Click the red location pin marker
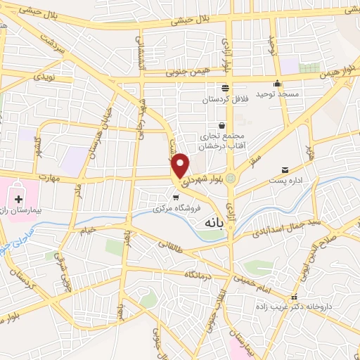[181, 165]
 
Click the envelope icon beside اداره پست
[285, 170]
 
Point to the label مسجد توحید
[277, 94]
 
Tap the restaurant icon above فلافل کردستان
[224, 88]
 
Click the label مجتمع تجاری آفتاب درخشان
[221, 141]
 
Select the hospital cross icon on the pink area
[18, 199]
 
